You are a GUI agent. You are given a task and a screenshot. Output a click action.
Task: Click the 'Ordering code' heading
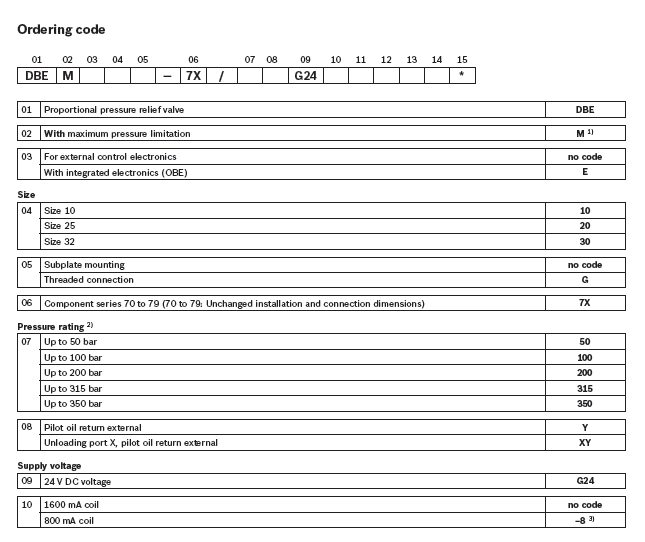61,29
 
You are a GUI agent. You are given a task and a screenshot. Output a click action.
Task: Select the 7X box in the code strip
193,75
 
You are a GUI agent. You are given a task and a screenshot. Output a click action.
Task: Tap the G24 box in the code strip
304,75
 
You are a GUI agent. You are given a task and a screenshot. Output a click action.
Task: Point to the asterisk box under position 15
461,75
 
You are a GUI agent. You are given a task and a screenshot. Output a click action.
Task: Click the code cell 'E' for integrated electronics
584,172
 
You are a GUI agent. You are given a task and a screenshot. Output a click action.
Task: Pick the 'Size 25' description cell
62,226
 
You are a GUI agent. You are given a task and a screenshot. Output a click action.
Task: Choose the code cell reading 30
584,242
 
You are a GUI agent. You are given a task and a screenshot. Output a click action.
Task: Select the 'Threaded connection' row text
84,280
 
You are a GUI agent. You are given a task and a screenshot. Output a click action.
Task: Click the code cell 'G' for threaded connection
584,280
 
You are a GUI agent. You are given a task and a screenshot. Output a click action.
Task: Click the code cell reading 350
584,403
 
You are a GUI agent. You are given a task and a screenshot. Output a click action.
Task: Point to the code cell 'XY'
584,442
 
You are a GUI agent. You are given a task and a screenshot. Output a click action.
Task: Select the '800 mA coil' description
71,520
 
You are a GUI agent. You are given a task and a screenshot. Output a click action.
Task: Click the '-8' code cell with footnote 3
585,520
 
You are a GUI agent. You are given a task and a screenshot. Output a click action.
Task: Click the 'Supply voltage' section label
49,465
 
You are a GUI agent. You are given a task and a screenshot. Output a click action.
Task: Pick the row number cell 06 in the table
28,303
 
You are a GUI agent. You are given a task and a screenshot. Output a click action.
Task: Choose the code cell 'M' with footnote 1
585,133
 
